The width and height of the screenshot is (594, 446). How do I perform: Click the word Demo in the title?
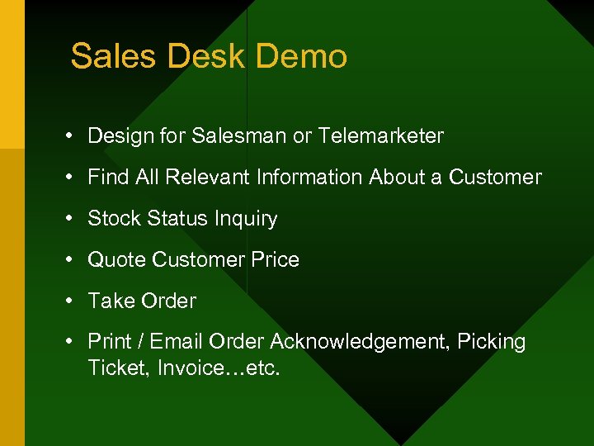click(302, 57)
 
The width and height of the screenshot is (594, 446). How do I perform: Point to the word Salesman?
click(239, 136)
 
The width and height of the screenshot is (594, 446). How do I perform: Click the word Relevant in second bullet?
click(210, 178)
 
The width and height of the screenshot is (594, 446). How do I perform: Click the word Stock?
click(115, 219)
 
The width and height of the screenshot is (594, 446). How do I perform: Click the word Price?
click(276, 260)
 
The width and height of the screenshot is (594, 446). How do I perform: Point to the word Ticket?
click(114, 368)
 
